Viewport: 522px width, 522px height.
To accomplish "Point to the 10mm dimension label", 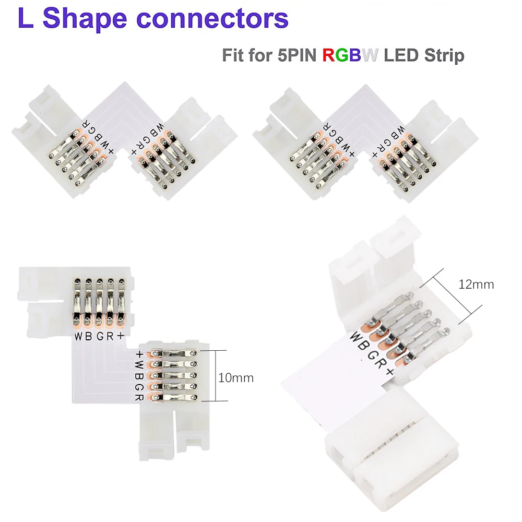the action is click(236, 377).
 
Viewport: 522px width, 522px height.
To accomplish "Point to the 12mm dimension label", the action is click(476, 285).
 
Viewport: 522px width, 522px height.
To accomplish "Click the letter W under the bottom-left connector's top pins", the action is click(77, 336).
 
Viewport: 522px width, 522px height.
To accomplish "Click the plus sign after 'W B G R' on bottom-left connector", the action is click(121, 336).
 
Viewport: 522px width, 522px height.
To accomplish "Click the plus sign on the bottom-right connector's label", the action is click(389, 373).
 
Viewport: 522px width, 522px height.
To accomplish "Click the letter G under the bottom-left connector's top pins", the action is click(99, 336).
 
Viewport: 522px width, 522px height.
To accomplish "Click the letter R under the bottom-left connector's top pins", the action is click(110, 336).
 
